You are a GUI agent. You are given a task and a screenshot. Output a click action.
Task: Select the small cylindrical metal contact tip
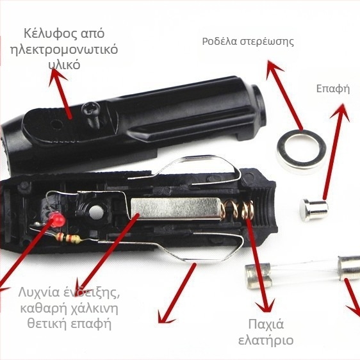[314, 210]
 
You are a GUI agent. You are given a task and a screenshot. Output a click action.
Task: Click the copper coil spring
[238, 209]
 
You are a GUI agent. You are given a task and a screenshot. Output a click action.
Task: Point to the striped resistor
[69, 238]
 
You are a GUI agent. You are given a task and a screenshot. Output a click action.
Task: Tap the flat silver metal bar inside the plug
[176, 208]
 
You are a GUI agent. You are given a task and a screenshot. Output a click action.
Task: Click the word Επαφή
[333, 89]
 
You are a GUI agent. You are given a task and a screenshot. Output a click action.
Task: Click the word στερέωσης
[266, 42]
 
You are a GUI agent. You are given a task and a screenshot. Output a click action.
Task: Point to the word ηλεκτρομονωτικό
[64, 50]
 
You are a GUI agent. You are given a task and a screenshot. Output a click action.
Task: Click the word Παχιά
[266, 325]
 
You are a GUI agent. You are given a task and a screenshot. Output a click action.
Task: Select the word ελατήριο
[266, 340]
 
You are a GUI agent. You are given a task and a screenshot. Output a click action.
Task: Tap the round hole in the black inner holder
[95, 211]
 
